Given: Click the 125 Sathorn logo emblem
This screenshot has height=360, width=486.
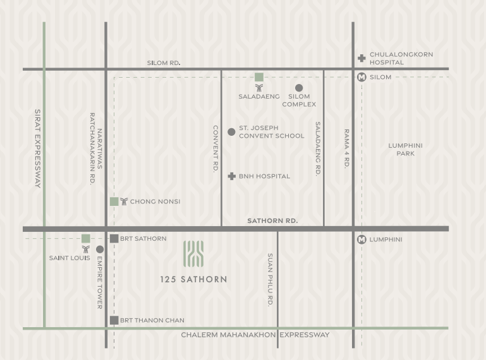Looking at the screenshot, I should pyautogui.click(x=193, y=254).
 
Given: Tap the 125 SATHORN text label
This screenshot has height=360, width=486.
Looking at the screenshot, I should pyautogui.click(x=193, y=279).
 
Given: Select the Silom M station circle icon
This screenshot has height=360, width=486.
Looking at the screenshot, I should pyautogui.click(x=361, y=77).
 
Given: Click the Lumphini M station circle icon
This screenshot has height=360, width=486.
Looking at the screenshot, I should pyautogui.click(x=361, y=239).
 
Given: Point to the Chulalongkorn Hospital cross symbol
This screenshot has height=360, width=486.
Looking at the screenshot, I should pyautogui.click(x=361, y=58).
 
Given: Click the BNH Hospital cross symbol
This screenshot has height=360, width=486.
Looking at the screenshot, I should pyautogui.click(x=231, y=176).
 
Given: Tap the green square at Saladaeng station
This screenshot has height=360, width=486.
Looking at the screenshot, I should pyautogui.click(x=259, y=77).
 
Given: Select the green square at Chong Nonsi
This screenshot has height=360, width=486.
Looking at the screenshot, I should pyautogui.click(x=114, y=201).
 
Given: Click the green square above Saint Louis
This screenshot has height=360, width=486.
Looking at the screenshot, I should pyautogui.click(x=85, y=238).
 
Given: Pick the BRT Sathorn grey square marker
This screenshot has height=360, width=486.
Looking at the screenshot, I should pyautogui.click(x=114, y=238).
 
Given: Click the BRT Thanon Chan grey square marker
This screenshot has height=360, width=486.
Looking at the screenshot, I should pyautogui.click(x=114, y=320).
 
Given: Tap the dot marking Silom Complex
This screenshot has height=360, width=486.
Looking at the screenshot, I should pyautogui.click(x=299, y=88).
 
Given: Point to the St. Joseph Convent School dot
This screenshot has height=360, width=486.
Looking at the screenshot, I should pyautogui.click(x=231, y=132).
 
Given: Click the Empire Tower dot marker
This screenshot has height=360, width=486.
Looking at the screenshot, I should pyautogui.click(x=100, y=249).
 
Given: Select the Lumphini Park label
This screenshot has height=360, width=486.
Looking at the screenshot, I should pyautogui.click(x=405, y=150).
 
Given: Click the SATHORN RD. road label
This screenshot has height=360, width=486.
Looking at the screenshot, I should pyautogui.click(x=272, y=221).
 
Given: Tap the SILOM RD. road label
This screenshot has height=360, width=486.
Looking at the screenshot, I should pyautogui.click(x=164, y=63).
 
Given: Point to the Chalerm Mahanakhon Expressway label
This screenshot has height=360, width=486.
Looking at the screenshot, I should pyautogui.click(x=255, y=335).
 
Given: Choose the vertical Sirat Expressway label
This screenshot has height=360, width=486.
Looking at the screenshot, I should pyautogui.click(x=37, y=148).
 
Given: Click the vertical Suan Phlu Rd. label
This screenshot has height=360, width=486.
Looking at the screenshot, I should pyautogui.click(x=270, y=280).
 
